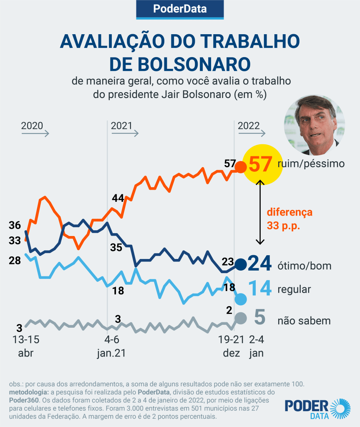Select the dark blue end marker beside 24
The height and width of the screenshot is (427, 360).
(x=241, y=264)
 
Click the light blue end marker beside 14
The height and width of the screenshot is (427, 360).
(x=241, y=299)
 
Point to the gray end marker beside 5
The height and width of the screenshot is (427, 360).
(x=241, y=318)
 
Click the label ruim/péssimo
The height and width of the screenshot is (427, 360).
(x=311, y=163)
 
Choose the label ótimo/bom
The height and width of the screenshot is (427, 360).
(x=304, y=266)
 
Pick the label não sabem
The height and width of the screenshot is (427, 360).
(x=304, y=321)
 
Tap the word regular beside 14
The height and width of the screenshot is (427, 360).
(x=294, y=289)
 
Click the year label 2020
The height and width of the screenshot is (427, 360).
(x=32, y=126)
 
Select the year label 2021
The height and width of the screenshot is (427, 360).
(x=121, y=126)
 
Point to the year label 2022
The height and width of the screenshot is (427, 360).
(x=249, y=126)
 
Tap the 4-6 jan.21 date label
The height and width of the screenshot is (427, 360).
(x=111, y=346)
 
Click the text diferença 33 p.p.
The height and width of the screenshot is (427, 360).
(x=289, y=219)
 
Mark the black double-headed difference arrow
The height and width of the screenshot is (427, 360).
(x=260, y=212)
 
